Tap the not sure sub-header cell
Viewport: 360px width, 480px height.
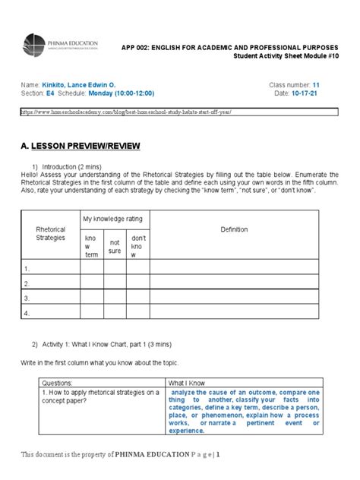coord(115,245)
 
